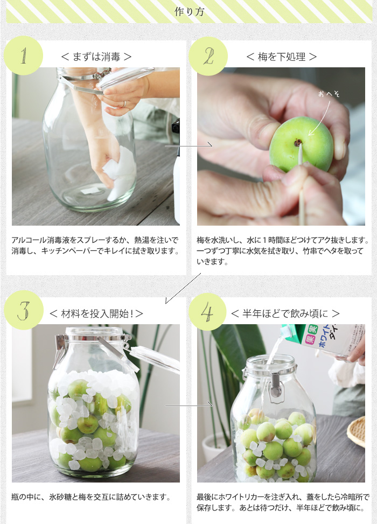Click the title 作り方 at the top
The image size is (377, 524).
189,12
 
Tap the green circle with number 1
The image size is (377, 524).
23,55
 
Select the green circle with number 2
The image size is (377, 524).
208,56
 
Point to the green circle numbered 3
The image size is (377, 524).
24,310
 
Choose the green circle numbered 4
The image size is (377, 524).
207,312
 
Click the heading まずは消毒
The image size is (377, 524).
96,57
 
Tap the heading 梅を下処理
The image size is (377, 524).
282,57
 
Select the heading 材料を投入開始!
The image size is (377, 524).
96,313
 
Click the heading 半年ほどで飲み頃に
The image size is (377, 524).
285,313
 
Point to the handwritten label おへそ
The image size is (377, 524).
329,94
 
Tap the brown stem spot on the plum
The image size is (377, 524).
297,143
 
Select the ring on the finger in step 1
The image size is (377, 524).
125,104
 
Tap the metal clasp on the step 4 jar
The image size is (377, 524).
275,385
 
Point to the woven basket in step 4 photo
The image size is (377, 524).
357,431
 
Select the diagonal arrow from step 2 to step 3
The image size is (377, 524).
183,289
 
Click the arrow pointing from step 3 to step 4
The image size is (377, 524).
189,405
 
